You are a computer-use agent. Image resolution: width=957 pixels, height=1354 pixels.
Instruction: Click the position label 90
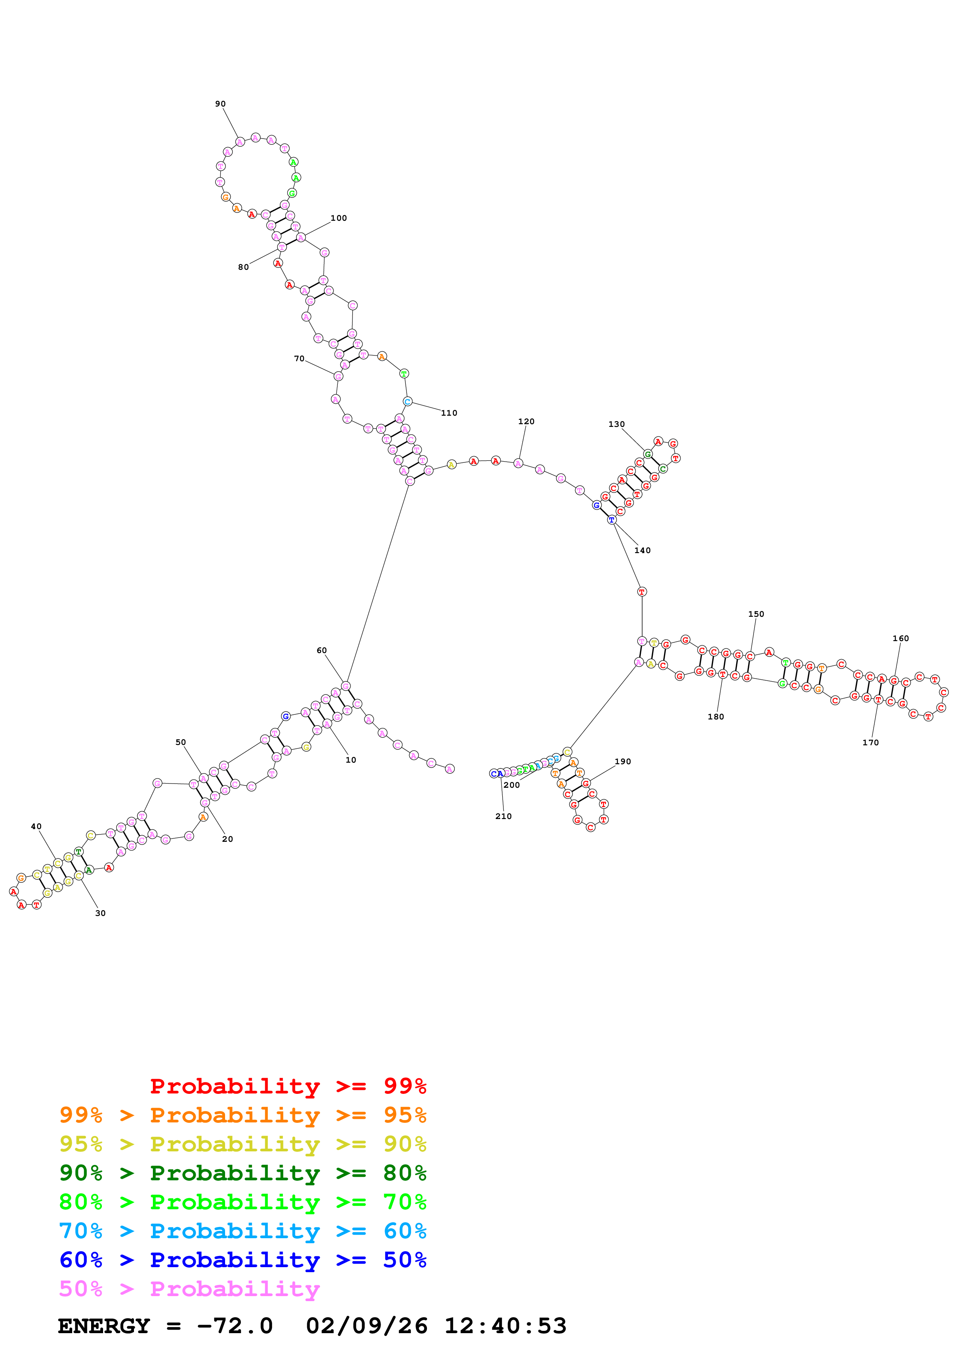[x=220, y=104]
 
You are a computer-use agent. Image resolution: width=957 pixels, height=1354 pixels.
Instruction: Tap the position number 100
[x=339, y=218]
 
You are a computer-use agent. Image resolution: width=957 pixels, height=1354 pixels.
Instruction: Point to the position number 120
[x=526, y=421]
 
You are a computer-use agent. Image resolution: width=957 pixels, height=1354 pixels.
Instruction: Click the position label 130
[x=616, y=424]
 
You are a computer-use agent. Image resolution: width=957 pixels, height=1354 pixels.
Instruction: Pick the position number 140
[x=642, y=550]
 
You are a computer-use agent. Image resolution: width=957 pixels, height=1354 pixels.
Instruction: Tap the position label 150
[x=756, y=614]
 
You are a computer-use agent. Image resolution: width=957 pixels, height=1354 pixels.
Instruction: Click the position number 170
[x=870, y=743]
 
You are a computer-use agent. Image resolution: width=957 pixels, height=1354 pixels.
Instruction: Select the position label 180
[x=715, y=716]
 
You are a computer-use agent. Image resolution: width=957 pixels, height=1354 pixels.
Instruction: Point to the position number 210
[x=503, y=816]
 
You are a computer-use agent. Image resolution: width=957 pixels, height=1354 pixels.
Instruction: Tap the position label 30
[x=100, y=913]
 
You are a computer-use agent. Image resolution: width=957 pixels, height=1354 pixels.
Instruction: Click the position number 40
[x=36, y=826]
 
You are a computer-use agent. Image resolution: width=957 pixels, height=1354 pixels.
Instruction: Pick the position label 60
[x=321, y=650]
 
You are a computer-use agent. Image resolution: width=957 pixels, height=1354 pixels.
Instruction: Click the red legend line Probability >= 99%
[x=288, y=1086]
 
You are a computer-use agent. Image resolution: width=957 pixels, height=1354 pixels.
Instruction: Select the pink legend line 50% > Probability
[x=189, y=1289]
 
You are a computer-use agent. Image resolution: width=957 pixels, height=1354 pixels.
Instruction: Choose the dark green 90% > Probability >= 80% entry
[x=242, y=1173]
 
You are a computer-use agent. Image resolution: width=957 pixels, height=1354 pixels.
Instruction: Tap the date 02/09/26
[x=366, y=1326]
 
